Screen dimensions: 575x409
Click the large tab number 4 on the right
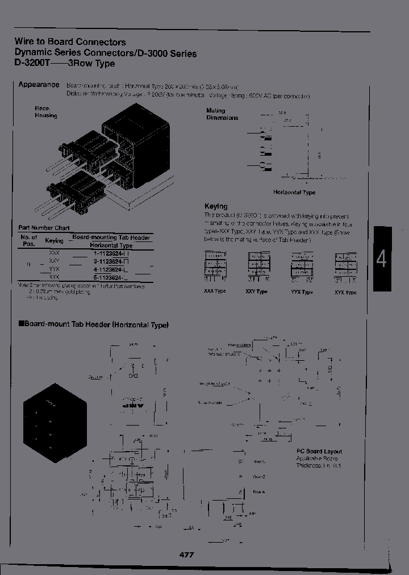click(x=381, y=259)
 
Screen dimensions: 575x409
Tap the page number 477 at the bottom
click(x=186, y=554)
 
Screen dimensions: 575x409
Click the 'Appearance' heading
click(x=39, y=84)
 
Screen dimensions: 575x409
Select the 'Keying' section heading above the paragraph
click(x=215, y=206)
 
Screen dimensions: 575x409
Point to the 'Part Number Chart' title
click(x=40, y=228)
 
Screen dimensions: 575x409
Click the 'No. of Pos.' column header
click(x=29, y=240)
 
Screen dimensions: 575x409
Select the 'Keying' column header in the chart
click(x=55, y=241)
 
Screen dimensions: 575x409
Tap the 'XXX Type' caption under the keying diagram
click(x=215, y=291)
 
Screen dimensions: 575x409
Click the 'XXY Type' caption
click(x=257, y=291)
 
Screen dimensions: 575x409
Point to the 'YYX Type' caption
click(x=302, y=292)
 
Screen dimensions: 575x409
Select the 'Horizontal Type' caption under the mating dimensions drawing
click(x=294, y=193)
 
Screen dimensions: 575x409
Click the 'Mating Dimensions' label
click(x=222, y=114)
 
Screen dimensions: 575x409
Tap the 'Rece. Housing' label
click(x=45, y=111)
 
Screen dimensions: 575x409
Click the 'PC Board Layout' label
click(x=319, y=451)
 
